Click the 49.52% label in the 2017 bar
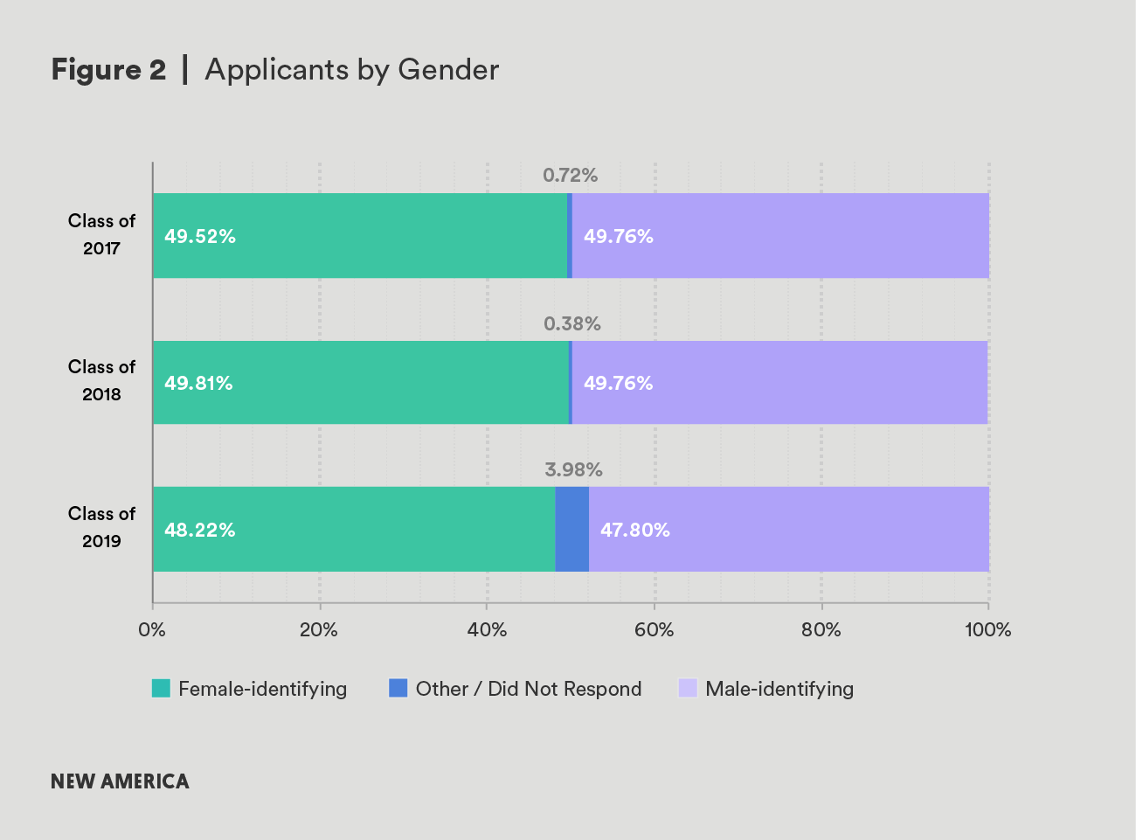click(200, 237)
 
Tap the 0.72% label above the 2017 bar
click(570, 176)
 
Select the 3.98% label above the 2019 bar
click(573, 470)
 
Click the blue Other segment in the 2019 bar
click(571, 530)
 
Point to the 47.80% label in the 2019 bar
click(634, 531)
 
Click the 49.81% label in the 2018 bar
click(198, 384)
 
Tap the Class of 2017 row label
click(101, 234)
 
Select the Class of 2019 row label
click(101, 527)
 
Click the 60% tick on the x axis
click(654, 630)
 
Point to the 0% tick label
click(152, 630)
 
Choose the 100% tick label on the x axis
click(987, 630)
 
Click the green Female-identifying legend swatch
click(161, 689)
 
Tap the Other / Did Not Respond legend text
click(528, 689)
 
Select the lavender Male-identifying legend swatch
click(688, 689)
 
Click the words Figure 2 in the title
click(108, 70)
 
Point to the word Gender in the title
click(448, 70)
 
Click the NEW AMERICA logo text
click(120, 781)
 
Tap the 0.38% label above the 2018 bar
click(571, 324)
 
